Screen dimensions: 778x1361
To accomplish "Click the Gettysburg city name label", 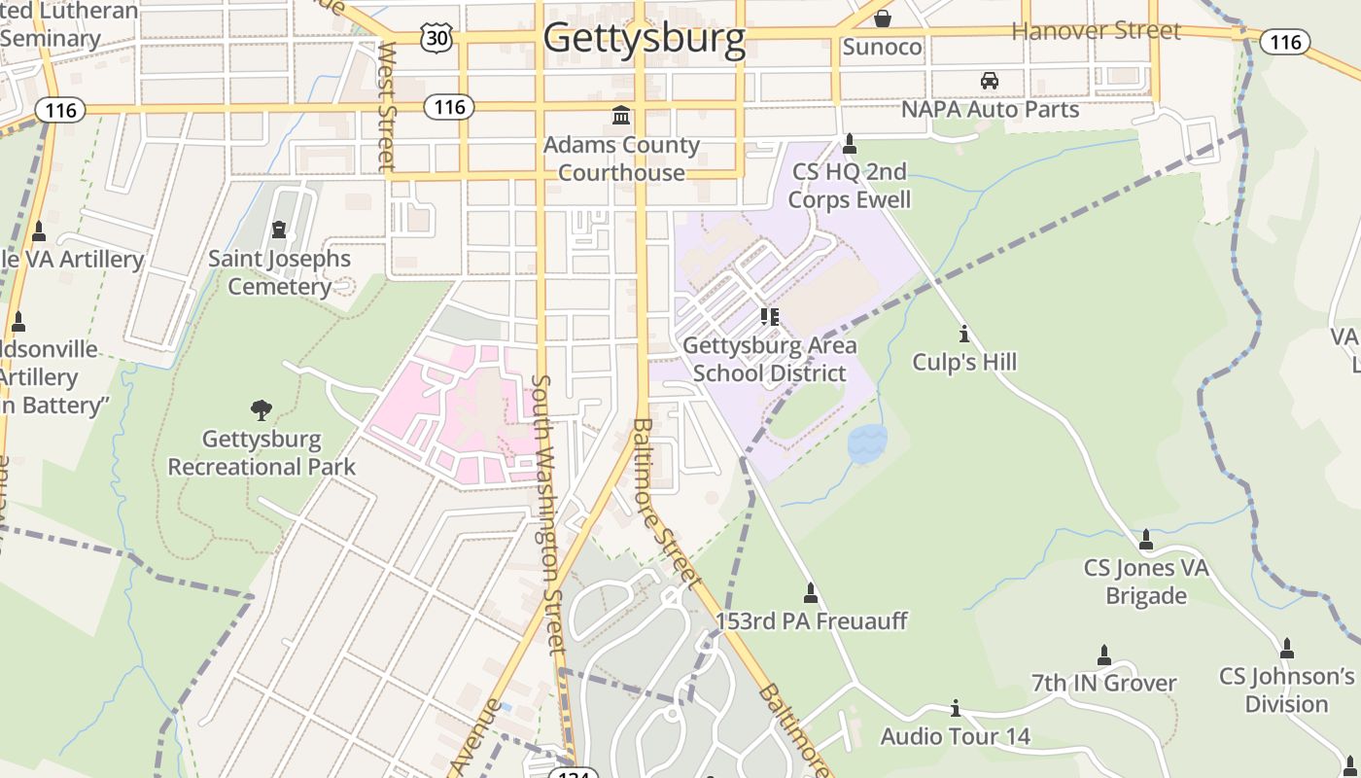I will [x=644, y=38].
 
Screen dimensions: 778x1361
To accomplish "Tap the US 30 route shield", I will [x=436, y=38].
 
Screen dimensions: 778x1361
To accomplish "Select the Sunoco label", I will [x=882, y=47].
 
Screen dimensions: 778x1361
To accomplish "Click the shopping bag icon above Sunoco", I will [x=882, y=18].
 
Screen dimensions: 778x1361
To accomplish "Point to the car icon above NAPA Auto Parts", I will [x=989, y=81].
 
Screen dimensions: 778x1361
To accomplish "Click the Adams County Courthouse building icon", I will [x=621, y=117].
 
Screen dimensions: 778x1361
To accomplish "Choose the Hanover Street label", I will [x=1096, y=30].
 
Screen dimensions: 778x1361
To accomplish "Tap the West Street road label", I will [x=387, y=105].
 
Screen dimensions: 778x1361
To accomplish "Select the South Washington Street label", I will [x=548, y=514].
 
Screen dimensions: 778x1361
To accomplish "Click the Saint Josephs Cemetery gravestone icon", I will [x=280, y=231].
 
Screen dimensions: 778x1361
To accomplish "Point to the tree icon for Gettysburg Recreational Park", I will [x=262, y=410].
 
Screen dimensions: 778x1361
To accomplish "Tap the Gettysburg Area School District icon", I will [x=769, y=317].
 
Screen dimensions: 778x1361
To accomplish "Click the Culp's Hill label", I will [x=964, y=362].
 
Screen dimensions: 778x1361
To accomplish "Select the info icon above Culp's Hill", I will [x=963, y=335].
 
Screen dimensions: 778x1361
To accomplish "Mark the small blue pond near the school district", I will [x=867, y=443].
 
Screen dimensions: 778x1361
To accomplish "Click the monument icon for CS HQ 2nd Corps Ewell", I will [x=850, y=144].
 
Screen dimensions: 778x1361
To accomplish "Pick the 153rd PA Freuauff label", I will [x=812, y=620].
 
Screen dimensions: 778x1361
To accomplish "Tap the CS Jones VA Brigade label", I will [x=1146, y=581].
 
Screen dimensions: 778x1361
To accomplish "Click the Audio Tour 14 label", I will [x=955, y=736].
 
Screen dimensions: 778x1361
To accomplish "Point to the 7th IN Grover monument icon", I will [x=1103, y=655].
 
